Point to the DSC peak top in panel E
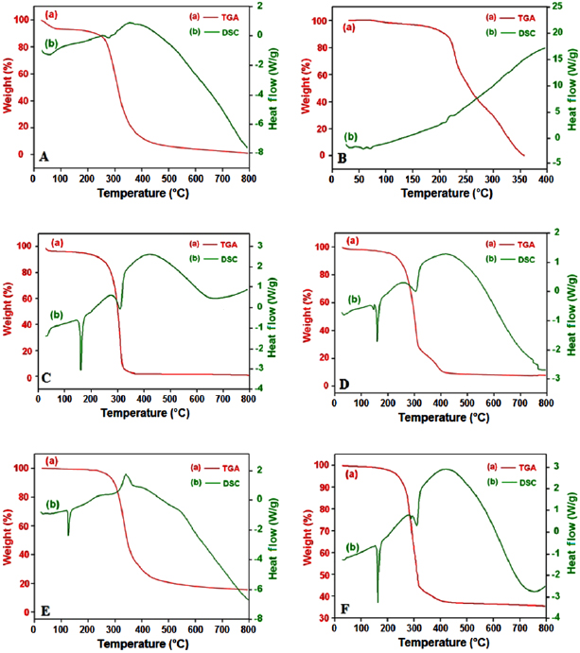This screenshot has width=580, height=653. [127, 474]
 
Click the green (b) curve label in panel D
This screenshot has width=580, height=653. [355, 301]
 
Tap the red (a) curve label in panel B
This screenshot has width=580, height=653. [349, 27]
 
